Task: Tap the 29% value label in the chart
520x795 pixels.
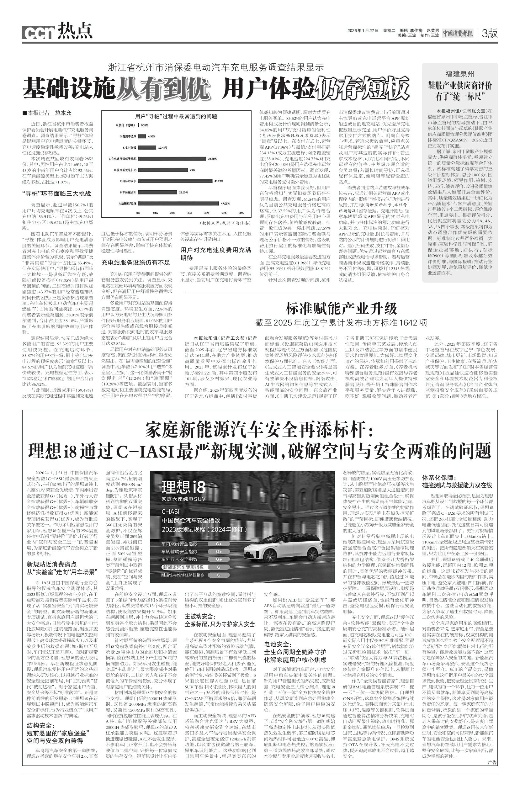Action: (x=192, y=170)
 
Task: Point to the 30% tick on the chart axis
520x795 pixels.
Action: (x=190, y=213)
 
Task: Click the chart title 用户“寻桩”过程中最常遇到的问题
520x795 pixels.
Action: (x=176, y=117)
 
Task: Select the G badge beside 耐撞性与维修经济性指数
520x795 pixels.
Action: (x=219, y=575)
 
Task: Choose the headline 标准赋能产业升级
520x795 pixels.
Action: (x=341, y=308)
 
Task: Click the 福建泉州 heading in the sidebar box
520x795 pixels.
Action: (x=459, y=74)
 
